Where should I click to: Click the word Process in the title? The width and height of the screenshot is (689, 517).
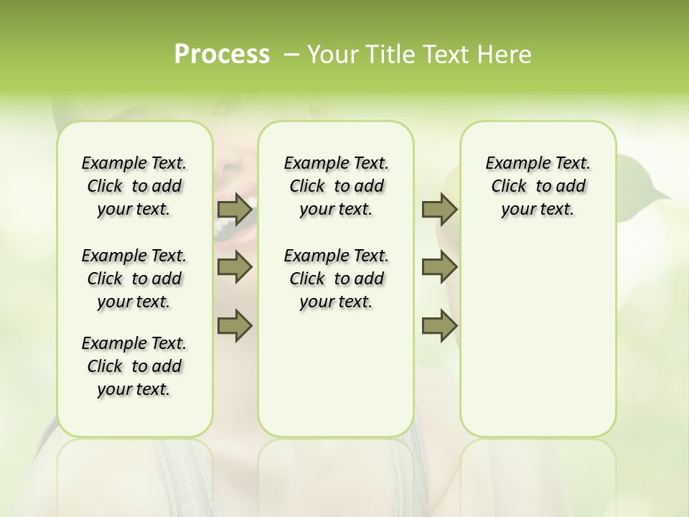click(222, 55)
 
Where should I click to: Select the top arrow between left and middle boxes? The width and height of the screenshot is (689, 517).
click(235, 210)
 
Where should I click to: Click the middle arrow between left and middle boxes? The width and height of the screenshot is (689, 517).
click(235, 268)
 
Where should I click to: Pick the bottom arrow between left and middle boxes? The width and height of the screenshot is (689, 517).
click(235, 325)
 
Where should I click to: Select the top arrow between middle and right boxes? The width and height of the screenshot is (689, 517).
click(439, 210)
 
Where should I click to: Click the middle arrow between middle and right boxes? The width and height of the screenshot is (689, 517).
click(439, 268)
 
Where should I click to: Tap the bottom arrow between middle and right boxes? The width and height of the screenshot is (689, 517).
click(439, 325)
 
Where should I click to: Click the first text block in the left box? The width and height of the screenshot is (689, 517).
click(134, 186)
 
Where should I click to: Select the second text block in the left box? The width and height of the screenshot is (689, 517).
click(134, 279)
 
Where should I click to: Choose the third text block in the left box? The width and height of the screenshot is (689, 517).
click(134, 366)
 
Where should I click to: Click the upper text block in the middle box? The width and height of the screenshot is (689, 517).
click(336, 186)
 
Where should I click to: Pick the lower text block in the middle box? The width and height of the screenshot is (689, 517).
click(336, 279)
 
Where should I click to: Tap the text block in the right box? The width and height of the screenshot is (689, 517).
click(538, 186)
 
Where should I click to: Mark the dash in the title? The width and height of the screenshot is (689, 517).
click(292, 55)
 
